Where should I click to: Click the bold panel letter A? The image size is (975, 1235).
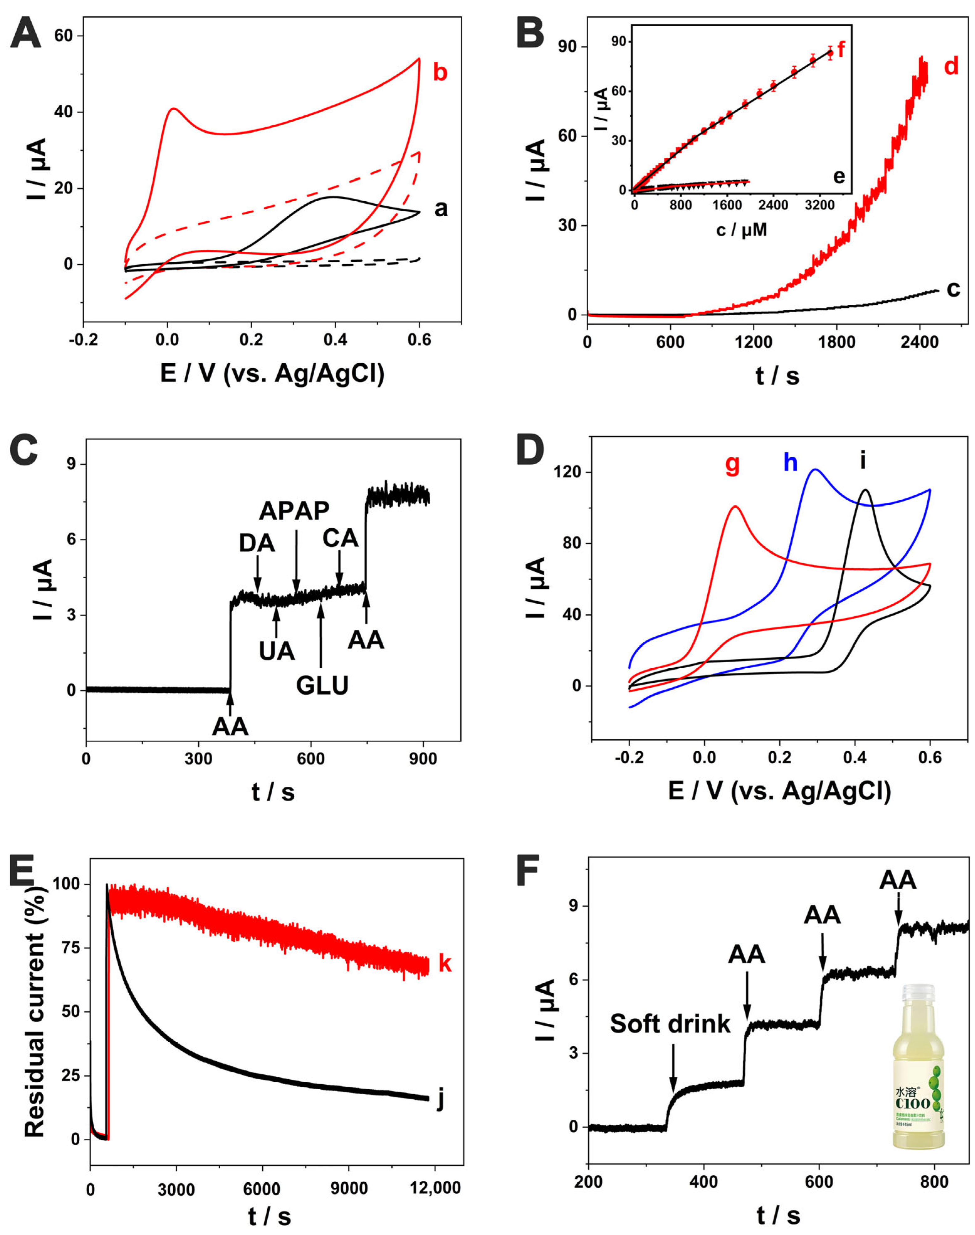pyautogui.click(x=26, y=33)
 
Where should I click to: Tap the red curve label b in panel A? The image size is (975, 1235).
pyautogui.click(x=439, y=73)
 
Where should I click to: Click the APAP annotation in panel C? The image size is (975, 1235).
pyautogui.click(x=294, y=511)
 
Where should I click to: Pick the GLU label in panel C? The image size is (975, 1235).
pyautogui.click(x=322, y=685)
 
